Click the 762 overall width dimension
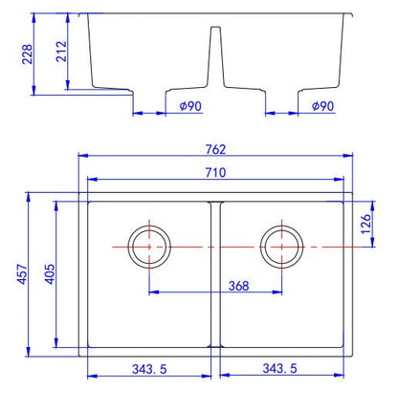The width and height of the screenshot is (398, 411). [x=215, y=149]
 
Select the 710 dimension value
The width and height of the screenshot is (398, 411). [x=215, y=172]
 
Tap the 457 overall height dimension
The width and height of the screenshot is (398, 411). [x=22, y=274]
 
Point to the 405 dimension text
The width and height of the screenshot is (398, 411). [x=50, y=274]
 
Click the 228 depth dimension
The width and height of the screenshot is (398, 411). [x=28, y=54]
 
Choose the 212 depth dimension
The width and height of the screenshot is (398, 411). [x=61, y=52]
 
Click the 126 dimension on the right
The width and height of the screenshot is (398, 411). [x=366, y=224]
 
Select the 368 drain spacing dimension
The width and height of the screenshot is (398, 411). [x=238, y=286]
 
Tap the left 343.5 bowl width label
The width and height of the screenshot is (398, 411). [x=149, y=369]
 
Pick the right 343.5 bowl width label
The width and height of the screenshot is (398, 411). [x=279, y=369]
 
